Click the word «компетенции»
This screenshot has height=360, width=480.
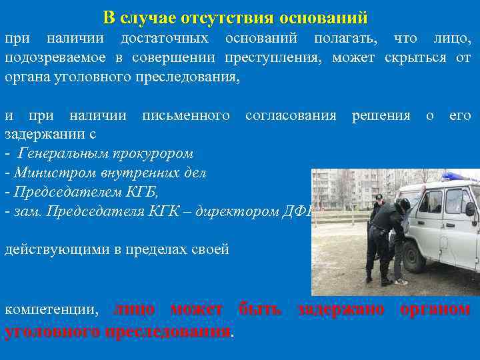[51, 309]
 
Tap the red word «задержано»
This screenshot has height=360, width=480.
[341, 309]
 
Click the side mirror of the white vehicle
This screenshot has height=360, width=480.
[470, 209]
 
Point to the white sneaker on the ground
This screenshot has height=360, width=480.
[401, 282]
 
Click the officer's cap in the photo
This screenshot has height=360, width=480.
[378, 198]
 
